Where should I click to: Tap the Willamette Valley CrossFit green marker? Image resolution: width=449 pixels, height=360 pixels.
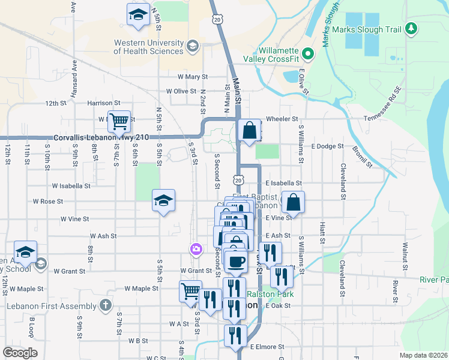pos(309,54)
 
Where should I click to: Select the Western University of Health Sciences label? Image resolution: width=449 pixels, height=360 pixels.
pos(148,47)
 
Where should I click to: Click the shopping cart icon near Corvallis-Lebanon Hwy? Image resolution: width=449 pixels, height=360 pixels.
pos(119,121)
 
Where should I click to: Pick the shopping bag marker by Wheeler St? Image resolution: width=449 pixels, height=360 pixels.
pos(249,130)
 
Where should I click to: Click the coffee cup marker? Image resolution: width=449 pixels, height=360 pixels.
pos(236,260)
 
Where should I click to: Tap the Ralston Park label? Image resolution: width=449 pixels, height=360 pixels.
pos(271,294)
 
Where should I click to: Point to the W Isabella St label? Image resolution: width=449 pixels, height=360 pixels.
pos(71,186)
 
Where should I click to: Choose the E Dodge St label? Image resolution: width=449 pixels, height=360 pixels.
pos(327,146)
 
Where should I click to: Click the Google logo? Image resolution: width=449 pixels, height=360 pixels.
pos(20,353)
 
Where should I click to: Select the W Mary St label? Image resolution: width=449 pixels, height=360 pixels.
pos(192,77)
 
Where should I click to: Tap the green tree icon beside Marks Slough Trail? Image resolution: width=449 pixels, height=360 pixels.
pos(411,28)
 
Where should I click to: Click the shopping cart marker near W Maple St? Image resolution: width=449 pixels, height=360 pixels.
pos(190,291)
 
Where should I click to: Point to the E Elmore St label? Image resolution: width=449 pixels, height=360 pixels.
pos(267,346)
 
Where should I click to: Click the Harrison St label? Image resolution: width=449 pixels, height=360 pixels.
pos(100,103)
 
